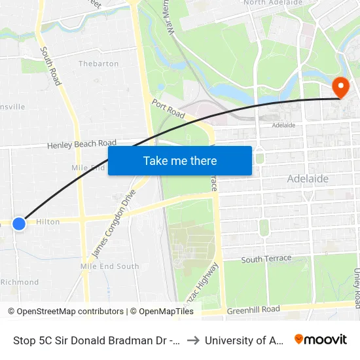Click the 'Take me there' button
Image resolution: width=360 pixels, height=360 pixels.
pos(180,160)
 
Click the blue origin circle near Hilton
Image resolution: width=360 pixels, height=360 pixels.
pos(19,223)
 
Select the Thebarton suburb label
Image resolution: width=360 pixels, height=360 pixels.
pos(98,63)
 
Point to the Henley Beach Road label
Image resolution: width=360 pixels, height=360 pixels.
pos(82,144)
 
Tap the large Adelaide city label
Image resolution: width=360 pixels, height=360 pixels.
pos(308,179)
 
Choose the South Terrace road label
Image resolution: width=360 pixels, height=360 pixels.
pos(266,259)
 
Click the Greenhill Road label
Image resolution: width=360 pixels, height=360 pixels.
pos(253,309)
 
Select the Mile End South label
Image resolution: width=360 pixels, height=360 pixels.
pos(109,266)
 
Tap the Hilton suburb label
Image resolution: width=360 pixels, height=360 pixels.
pos(48,222)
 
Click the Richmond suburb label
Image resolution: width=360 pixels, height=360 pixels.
pos(20,282)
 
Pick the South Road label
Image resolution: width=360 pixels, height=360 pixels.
pos(50,65)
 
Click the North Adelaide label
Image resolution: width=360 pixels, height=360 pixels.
pos(273,3)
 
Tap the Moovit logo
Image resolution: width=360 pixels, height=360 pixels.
pos(320,340)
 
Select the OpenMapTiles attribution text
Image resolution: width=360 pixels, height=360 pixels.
pos(162,312)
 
